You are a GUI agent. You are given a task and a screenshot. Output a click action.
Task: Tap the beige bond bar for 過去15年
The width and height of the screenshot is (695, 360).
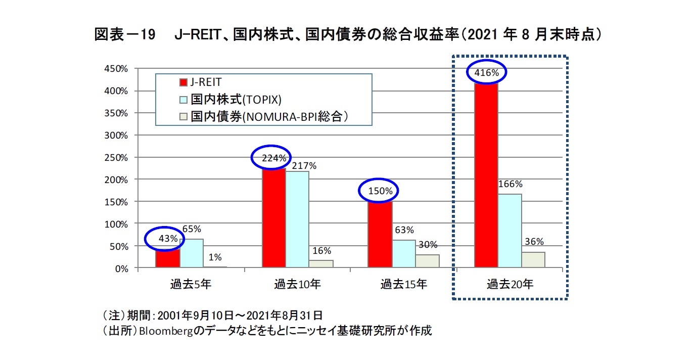click(428, 261)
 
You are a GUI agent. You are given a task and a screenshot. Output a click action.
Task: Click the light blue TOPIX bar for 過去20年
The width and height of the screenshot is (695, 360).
click(509, 231)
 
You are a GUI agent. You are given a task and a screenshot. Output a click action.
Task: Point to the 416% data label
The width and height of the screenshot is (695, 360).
click(487, 73)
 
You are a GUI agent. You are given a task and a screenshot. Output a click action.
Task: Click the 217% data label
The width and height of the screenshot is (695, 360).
click(304, 165)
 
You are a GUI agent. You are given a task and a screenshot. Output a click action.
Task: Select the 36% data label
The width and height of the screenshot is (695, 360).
click(534, 241)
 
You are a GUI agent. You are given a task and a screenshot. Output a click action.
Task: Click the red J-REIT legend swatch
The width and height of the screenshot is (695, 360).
click(184, 82)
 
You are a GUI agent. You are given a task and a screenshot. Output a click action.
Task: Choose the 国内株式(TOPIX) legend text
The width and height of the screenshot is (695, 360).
click(236, 99)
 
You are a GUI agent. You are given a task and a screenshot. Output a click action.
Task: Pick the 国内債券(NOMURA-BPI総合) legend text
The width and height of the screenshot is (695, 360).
click(269, 117)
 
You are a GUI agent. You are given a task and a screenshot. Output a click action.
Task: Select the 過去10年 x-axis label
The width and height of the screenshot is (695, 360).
click(297, 284)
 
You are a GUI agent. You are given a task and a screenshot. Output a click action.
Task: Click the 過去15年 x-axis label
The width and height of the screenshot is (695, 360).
click(403, 284)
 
